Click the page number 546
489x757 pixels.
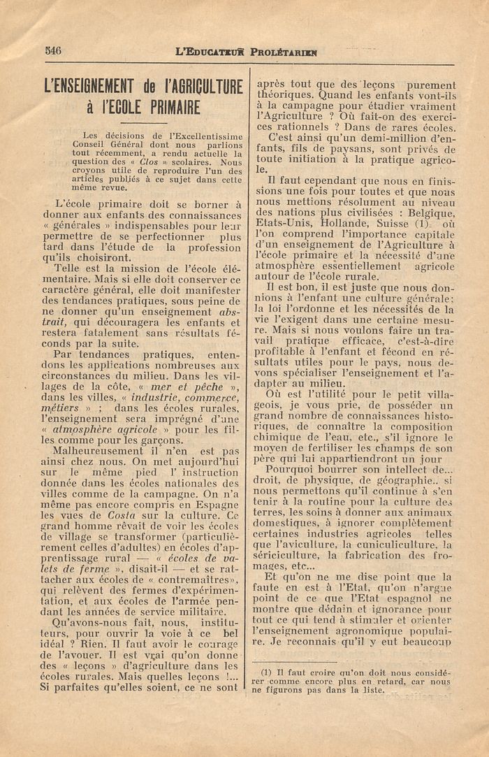tap(53, 50)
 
